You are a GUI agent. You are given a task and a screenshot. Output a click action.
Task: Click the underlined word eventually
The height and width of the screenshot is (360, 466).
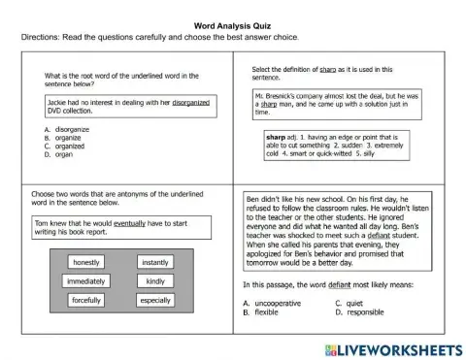point(129,223)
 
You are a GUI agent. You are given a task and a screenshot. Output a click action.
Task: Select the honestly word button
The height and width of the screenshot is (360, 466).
point(85,262)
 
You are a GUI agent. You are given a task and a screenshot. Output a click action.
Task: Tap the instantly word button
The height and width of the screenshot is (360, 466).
point(153,262)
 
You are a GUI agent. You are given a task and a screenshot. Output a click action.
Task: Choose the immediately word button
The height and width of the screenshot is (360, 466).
point(85,281)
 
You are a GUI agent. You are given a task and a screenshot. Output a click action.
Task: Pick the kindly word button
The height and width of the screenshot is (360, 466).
point(153,281)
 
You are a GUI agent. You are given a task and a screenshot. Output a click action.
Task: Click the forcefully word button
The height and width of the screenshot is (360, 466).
point(85,301)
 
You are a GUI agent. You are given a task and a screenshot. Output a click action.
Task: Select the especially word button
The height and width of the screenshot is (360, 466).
point(153,301)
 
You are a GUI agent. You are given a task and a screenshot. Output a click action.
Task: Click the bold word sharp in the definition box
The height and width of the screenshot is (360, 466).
point(276,138)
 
